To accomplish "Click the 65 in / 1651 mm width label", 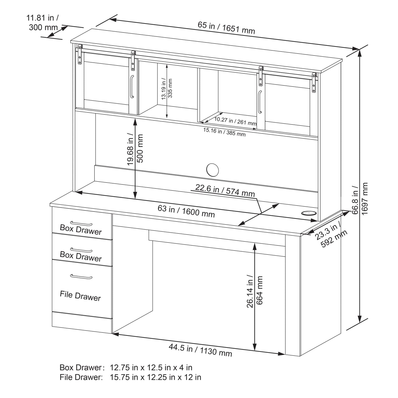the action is pos(226,28).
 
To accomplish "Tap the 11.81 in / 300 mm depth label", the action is pos(43,23).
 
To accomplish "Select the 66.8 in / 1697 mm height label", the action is pos(360,198).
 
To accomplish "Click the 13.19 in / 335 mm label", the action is pos(167,89).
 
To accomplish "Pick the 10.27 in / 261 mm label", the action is pos(235,121).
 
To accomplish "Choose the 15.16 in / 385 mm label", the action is pos(224,132).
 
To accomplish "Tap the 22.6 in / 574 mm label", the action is pos(225,190).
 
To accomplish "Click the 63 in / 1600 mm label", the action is pos(186,211).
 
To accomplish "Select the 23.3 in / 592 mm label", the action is pos(331,235).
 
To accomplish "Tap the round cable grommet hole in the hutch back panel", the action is pos(213,170).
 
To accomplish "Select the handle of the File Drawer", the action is pos(81,277).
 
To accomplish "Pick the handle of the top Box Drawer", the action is pos(81,223).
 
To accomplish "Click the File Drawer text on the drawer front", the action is pos(80,296).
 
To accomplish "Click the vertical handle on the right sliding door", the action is pos(260,102).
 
